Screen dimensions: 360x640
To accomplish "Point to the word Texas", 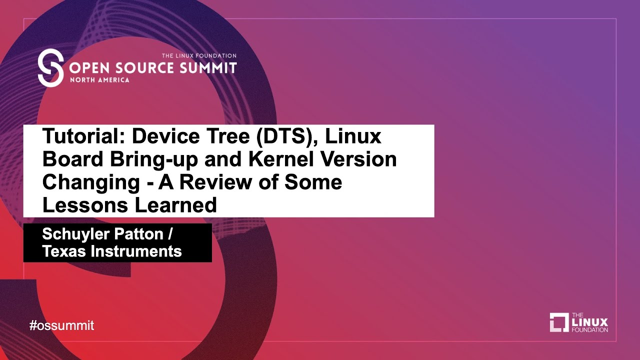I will tap(63, 251).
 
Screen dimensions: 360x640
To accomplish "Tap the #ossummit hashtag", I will tap(61, 325).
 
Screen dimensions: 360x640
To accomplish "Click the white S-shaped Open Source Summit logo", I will tap(50, 68).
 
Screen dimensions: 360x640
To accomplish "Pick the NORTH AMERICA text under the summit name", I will tap(100, 80).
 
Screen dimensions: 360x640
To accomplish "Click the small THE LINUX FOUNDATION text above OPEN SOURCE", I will tap(198, 55).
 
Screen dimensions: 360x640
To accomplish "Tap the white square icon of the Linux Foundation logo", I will tap(559, 322).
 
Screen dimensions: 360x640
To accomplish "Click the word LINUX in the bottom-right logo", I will tap(589, 322).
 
